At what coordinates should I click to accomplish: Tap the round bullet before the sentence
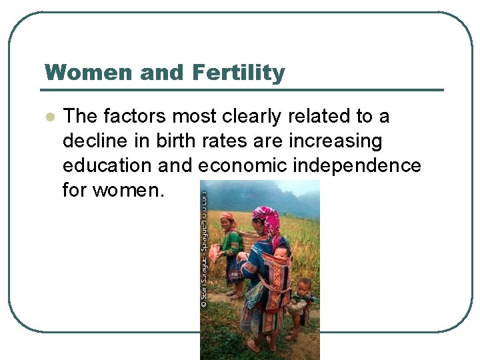pos(49,117)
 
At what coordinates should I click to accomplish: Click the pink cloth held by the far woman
pos(215,251)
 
